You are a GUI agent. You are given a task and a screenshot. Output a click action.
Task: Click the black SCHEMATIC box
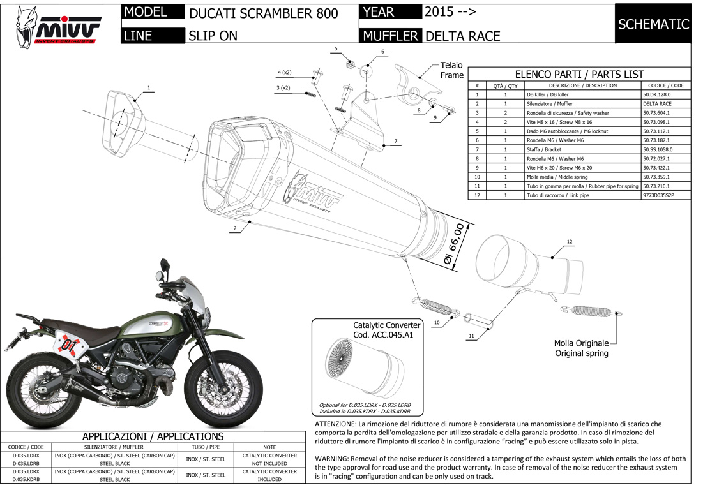(x=653, y=24)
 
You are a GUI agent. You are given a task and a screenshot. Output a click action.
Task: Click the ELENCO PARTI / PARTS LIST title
(x=579, y=74)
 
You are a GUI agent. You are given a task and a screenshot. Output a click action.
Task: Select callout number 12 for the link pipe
(x=570, y=242)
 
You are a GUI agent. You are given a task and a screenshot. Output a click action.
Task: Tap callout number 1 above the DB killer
(x=148, y=87)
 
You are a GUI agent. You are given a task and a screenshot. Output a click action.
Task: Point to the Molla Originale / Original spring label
(x=580, y=348)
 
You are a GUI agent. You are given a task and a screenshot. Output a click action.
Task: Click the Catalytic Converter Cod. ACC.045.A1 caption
(x=387, y=330)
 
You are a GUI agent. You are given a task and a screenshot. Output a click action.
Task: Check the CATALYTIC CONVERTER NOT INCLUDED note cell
(x=269, y=459)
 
